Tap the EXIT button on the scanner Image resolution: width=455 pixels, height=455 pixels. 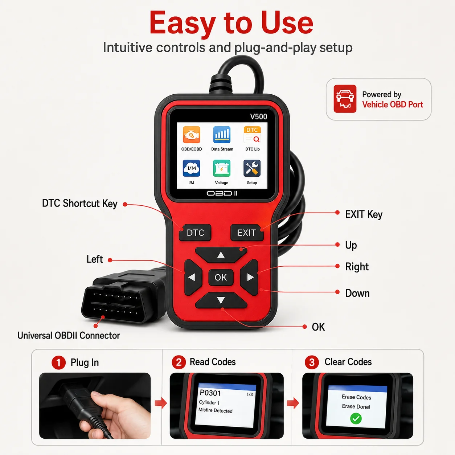pyautogui.click(x=247, y=233)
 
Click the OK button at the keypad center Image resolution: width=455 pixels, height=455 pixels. pyautogui.click(x=221, y=278)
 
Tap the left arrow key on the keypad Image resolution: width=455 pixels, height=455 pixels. pyautogui.click(x=193, y=277)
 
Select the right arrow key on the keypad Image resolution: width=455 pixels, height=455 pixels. pyautogui.click(x=249, y=277)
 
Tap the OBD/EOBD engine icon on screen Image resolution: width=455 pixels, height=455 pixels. pyautogui.click(x=192, y=135)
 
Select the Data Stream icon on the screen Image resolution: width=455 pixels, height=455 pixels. pyautogui.click(x=222, y=135)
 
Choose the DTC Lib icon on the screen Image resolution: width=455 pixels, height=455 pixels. pyautogui.click(x=252, y=135)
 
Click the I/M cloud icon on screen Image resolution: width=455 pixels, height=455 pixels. pyautogui.click(x=192, y=168)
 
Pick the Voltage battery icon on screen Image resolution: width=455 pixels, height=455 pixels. pyautogui.click(x=222, y=168)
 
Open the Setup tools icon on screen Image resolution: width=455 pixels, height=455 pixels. pyautogui.click(x=252, y=168)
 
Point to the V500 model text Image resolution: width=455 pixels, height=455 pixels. pyautogui.click(x=259, y=116)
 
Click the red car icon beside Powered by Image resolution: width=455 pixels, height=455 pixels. pyautogui.click(x=345, y=99)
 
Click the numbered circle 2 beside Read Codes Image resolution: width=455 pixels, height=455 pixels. pyautogui.click(x=179, y=362)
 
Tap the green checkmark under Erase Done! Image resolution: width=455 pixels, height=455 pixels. pyautogui.click(x=356, y=419)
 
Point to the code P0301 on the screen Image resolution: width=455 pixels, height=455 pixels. pyautogui.click(x=210, y=393)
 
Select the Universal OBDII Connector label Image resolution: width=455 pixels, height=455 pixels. pyautogui.click(x=69, y=336)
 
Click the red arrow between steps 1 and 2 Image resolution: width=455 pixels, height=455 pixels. pyautogui.click(x=161, y=403)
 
